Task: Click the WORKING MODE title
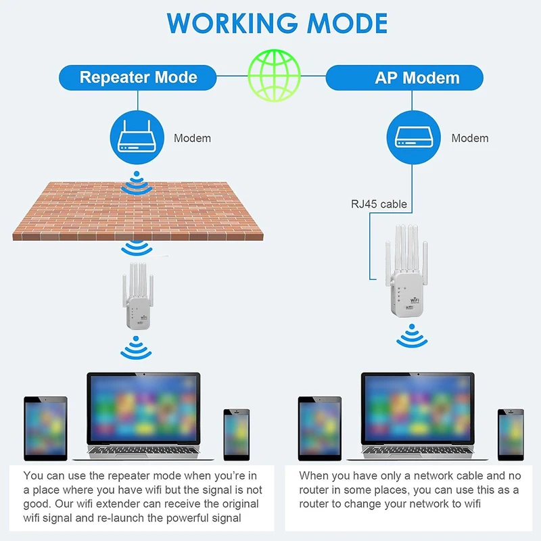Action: (x=277, y=23)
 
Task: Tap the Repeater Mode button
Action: (x=138, y=78)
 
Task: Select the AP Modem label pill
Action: (x=404, y=78)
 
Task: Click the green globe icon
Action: (x=275, y=76)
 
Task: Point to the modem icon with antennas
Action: (x=137, y=137)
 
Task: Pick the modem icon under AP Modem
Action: (x=413, y=137)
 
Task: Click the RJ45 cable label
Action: (x=379, y=204)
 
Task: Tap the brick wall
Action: (x=138, y=211)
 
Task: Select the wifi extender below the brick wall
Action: (x=138, y=296)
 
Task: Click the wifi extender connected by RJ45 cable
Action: (x=407, y=270)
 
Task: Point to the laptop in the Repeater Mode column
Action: (x=143, y=416)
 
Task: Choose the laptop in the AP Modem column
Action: (x=417, y=416)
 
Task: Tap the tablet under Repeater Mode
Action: (x=45, y=429)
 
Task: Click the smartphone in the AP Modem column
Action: (x=511, y=435)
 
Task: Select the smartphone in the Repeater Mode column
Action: (x=236, y=435)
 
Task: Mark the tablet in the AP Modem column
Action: (x=320, y=429)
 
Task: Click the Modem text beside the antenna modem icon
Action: (x=192, y=138)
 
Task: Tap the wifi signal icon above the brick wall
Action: (x=137, y=183)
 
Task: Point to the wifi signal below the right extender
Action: (x=412, y=335)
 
